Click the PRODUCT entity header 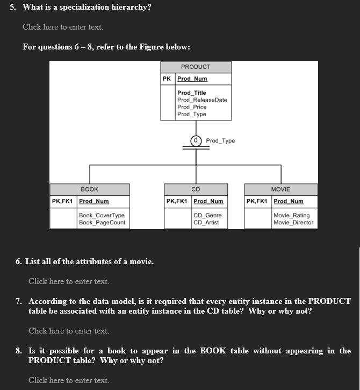click(x=196, y=67)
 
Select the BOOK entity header click(x=89, y=189)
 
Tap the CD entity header click(x=196, y=189)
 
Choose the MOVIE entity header click(x=280, y=189)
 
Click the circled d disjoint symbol click(x=196, y=140)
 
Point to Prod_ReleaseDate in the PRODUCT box click(x=202, y=100)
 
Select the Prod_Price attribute click(x=192, y=107)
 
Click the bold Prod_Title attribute click(x=192, y=93)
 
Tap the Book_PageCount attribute click(x=102, y=222)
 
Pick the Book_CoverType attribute click(x=102, y=216)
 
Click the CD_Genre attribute click(x=207, y=216)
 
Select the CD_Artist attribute click(x=206, y=222)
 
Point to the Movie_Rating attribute click(x=291, y=216)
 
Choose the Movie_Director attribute click(x=293, y=222)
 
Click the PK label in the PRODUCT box click(x=167, y=79)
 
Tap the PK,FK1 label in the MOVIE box click(x=257, y=201)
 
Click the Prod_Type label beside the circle click(x=220, y=141)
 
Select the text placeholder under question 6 click(x=69, y=281)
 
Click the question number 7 click(x=19, y=301)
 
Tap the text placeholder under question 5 click(x=63, y=27)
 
